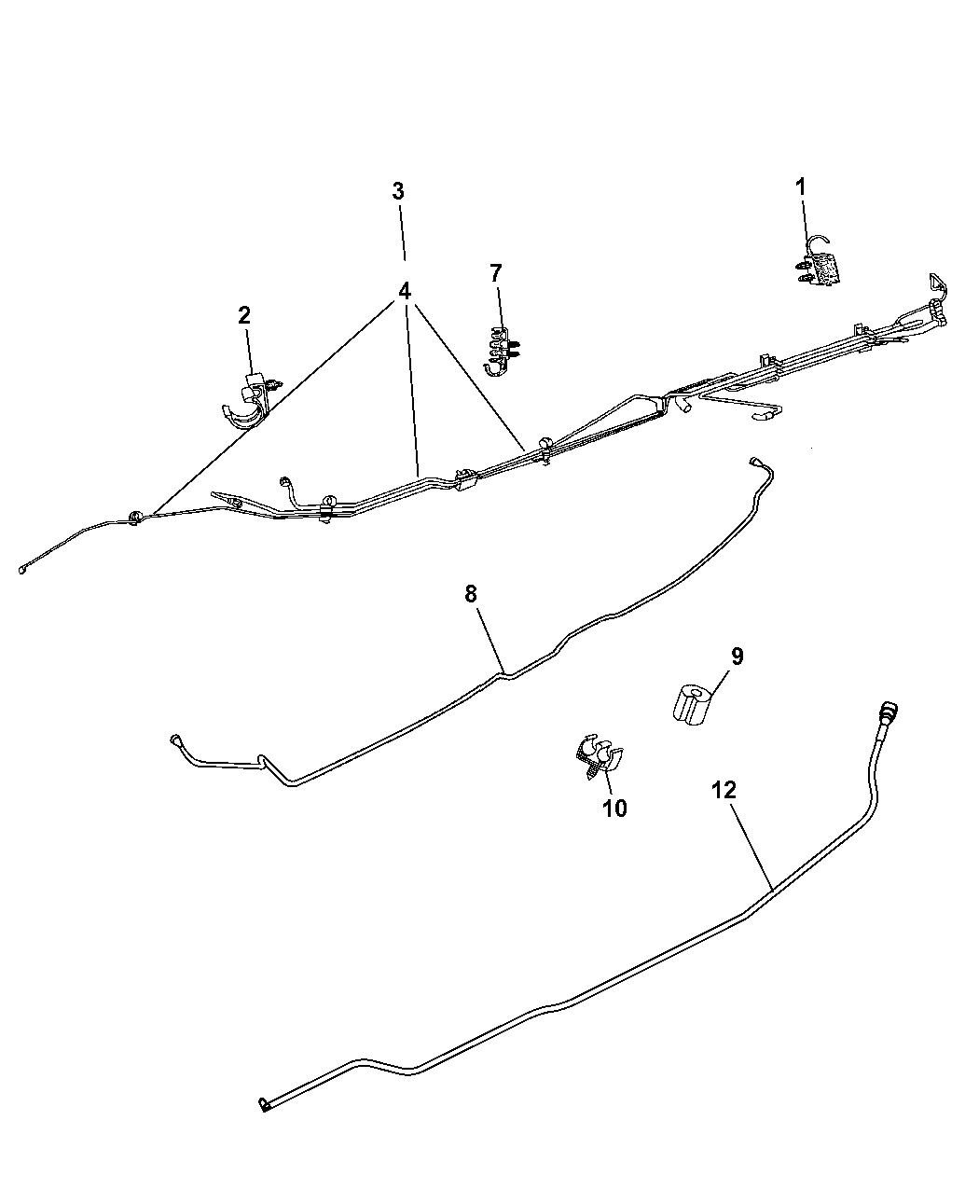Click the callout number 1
(800, 187)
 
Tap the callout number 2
(243, 315)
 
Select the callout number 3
(398, 191)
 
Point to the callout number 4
(404, 291)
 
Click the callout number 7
(496, 273)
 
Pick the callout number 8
(471, 594)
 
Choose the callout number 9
(737, 656)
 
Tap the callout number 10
(614, 808)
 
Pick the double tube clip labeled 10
(598, 755)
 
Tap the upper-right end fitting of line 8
(755, 461)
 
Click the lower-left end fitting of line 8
(175, 740)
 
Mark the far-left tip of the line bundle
(22, 570)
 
